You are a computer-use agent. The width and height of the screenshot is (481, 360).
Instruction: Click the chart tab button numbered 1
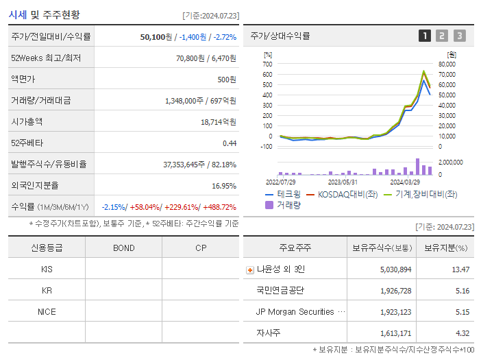pos(425,36)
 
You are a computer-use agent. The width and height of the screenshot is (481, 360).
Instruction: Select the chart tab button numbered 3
pos(459,36)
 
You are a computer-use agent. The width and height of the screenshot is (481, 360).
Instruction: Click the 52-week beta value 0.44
pos(229,143)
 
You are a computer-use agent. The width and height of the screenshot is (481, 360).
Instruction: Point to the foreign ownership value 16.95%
pos(224,185)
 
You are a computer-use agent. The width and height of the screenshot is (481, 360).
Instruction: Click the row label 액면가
pos(23,79)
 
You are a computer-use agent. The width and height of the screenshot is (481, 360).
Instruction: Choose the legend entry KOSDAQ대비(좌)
pos(343,194)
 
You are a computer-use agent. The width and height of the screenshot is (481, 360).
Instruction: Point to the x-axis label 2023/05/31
pos(343,182)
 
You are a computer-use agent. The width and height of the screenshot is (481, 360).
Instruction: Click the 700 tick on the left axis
pos(267,64)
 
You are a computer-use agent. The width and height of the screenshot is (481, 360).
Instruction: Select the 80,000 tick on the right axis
pos(447,64)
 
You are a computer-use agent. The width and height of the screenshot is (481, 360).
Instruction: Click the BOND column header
pos(123,248)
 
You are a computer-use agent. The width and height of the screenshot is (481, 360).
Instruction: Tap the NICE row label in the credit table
pos(47,311)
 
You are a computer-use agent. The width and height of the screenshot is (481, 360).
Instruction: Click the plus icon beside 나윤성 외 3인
pos(249,269)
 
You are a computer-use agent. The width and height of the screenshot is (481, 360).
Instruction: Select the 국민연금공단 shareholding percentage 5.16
pos(463,291)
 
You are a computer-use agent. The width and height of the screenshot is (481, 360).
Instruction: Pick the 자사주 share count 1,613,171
pos(395,333)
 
